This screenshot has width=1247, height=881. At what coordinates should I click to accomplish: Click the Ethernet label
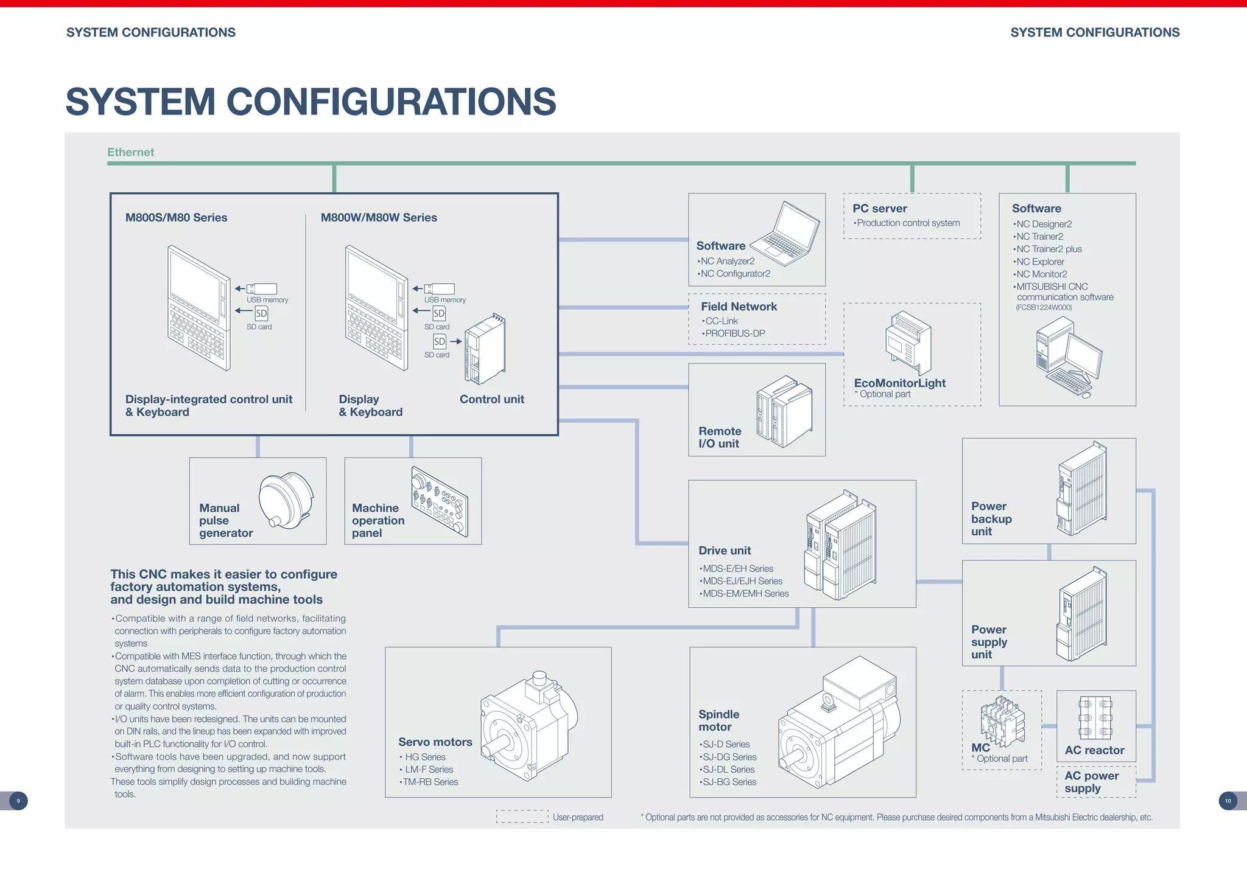(x=130, y=152)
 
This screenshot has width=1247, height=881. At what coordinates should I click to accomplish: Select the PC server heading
(x=879, y=209)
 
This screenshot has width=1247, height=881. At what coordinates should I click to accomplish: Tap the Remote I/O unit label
(x=720, y=437)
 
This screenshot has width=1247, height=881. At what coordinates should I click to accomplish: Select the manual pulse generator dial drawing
(x=286, y=500)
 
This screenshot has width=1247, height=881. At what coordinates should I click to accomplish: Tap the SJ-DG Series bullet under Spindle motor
(x=729, y=757)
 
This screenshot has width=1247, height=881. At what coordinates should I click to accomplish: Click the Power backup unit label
(x=991, y=519)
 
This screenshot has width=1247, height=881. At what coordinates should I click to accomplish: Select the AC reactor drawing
(x=1095, y=719)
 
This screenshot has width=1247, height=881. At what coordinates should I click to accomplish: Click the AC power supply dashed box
(x=1096, y=782)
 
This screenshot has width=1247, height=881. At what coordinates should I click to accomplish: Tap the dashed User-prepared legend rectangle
(x=522, y=817)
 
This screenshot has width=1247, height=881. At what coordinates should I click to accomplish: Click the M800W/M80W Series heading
(x=379, y=218)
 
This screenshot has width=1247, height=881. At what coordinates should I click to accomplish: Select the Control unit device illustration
(x=485, y=349)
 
